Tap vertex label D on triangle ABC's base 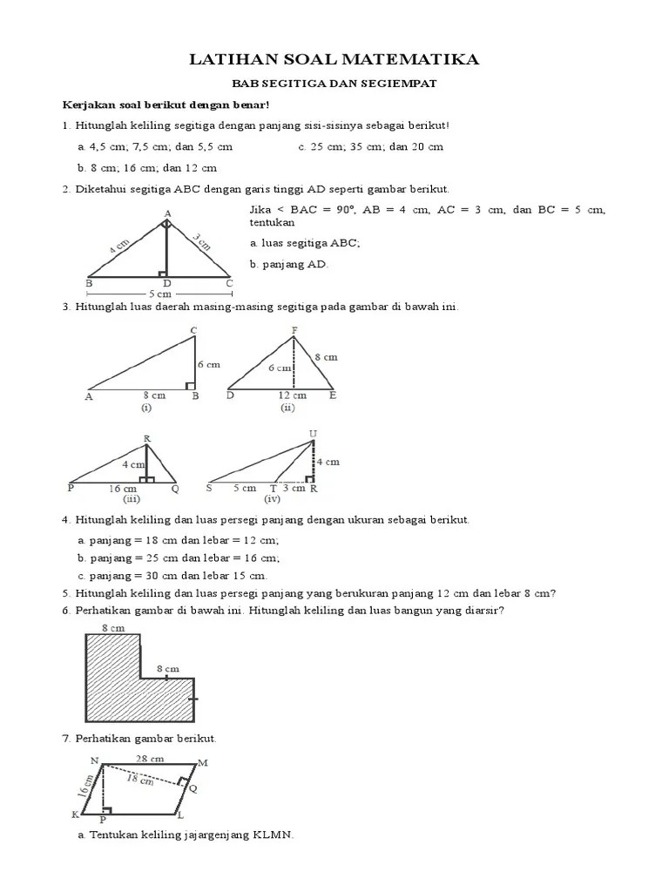tap(167, 284)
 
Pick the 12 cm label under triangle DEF tap(292, 395)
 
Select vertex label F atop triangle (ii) tap(294, 329)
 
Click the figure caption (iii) tap(131, 499)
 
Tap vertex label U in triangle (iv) tap(313, 433)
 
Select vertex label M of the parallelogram tap(204, 763)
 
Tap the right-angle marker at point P tap(107, 810)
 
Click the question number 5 tap(65, 594)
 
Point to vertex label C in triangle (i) tap(193, 329)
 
